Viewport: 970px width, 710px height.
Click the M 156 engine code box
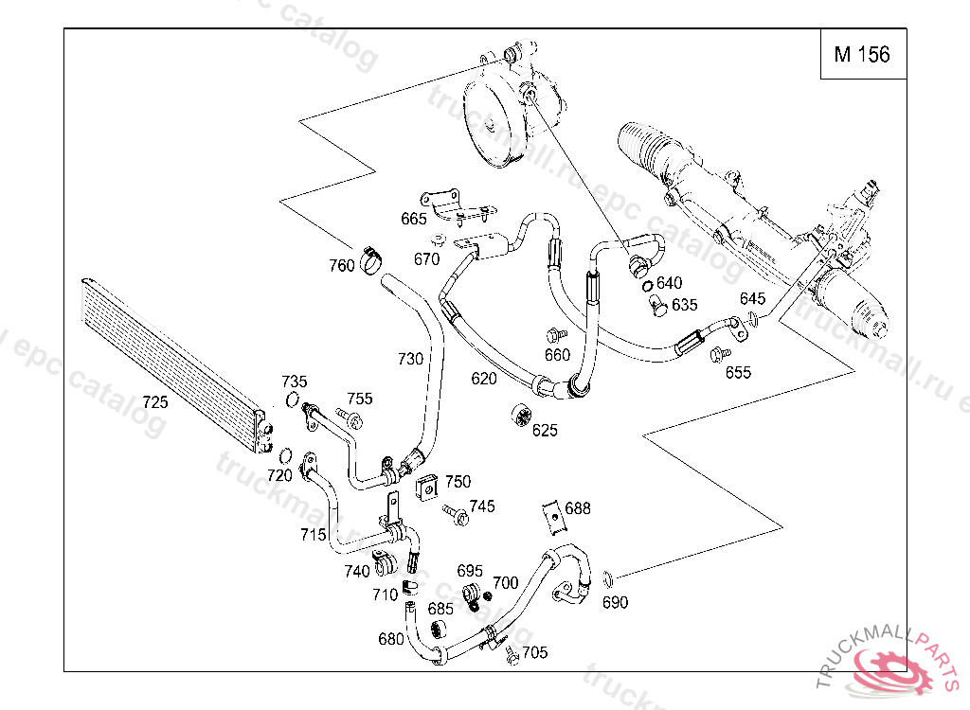861,55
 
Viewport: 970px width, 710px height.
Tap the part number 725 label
154,402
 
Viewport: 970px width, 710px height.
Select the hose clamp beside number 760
372,257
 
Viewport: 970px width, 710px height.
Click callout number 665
414,219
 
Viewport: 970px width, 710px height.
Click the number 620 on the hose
484,379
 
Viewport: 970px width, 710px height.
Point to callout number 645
753,299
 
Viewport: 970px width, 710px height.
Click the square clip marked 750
427,488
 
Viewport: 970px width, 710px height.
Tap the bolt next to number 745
457,515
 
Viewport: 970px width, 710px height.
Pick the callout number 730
410,360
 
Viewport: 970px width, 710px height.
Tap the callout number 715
314,535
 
